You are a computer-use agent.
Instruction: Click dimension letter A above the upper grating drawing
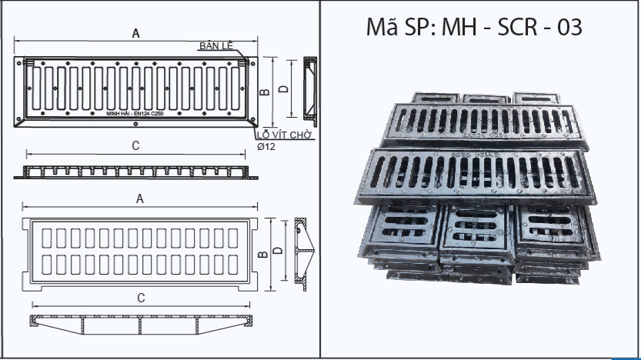click(136, 33)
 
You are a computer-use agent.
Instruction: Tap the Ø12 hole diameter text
click(265, 145)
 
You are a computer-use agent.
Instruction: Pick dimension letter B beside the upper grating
click(264, 92)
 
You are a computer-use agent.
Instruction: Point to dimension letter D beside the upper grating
click(284, 89)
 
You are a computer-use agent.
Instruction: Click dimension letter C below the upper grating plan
click(135, 145)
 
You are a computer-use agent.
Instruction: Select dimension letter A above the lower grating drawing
click(140, 198)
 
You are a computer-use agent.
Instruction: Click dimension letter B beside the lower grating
click(262, 255)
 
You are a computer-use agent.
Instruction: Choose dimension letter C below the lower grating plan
click(141, 297)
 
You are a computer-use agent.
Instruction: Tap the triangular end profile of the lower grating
click(305, 253)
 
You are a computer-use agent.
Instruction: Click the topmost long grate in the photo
click(485, 124)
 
